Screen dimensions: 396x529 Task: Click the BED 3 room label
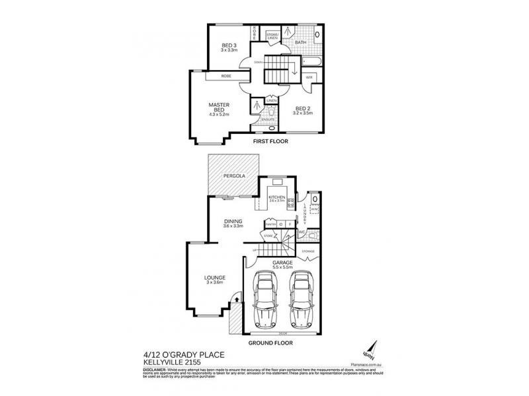[229, 45]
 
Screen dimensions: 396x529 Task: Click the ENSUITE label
[276, 119]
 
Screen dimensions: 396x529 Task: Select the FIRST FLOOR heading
[270, 141]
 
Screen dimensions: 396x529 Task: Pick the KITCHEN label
[276, 197]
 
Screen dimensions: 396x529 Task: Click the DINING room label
[232, 221]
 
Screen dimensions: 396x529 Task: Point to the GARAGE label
[282, 263]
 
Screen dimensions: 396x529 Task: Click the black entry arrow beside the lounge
[233, 301]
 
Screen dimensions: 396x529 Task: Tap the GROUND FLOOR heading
[270, 343]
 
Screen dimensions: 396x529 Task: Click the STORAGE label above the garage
[309, 251]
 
